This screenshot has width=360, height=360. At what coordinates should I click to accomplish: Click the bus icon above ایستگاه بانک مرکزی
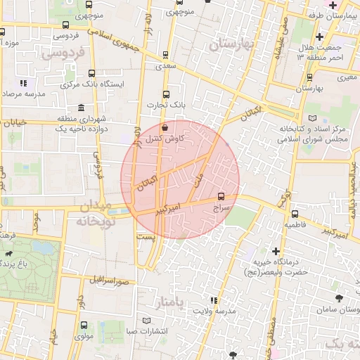tap(92, 72)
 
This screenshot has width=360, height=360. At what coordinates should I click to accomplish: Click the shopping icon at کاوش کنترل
tap(165, 128)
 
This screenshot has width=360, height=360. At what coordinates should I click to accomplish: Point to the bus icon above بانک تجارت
tap(166, 94)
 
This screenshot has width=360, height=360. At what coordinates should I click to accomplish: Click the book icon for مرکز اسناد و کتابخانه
tap(313, 118)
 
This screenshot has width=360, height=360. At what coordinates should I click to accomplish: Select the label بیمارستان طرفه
tap(334, 15)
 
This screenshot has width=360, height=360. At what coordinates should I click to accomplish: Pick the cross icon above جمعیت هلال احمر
tap(320, 37)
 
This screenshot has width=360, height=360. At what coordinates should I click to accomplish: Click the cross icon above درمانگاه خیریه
tap(276, 250)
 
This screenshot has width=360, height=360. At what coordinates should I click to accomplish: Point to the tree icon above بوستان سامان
tap(341, 298)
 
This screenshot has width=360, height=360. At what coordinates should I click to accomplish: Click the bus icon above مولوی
tap(84, 325)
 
